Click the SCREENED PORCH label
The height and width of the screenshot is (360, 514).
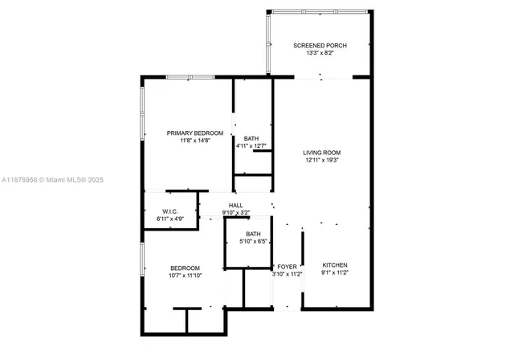[x=320, y=46]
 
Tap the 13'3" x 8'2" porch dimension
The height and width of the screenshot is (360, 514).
[x=320, y=54]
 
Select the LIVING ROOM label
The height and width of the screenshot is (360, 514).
[x=322, y=152]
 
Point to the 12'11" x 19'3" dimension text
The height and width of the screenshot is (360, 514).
[x=322, y=160]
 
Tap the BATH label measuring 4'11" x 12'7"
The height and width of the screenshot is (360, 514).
[x=251, y=138]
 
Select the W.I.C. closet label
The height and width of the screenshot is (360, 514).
[x=169, y=211]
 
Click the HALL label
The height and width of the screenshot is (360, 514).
[x=235, y=206]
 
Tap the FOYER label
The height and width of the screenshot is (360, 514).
[x=287, y=266]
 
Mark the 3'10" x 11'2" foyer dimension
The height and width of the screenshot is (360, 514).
[x=287, y=274]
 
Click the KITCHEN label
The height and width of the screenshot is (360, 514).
[x=335, y=264]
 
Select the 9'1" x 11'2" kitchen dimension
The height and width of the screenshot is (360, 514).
[x=335, y=272]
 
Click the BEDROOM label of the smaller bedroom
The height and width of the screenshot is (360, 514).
[x=185, y=268]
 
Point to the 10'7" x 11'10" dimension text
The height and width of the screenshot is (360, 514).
[x=185, y=276]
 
